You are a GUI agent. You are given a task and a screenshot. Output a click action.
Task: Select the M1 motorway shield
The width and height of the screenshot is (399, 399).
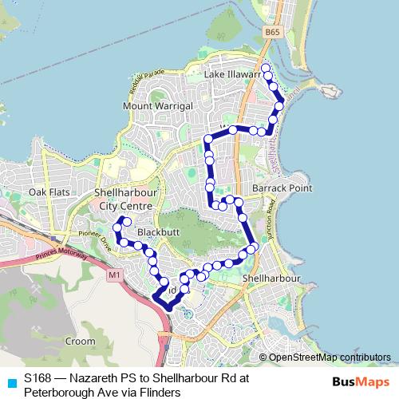(113, 275)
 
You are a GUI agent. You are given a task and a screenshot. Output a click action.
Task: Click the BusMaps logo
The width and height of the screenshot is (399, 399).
(356, 381)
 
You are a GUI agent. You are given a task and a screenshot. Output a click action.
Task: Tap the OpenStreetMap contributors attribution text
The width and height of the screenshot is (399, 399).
(328, 358)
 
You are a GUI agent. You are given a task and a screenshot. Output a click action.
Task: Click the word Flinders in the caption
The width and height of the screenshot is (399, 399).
(160, 392)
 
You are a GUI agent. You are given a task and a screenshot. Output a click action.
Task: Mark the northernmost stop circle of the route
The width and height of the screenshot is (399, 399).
(266, 68)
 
